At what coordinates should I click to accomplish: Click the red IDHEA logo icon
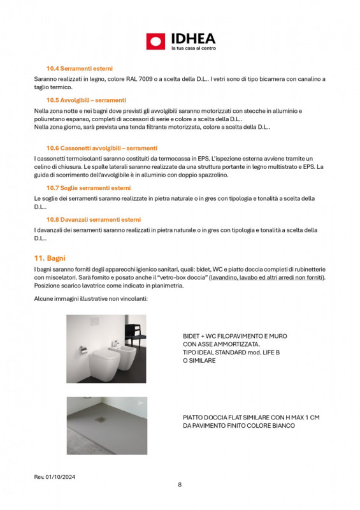click(155, 41)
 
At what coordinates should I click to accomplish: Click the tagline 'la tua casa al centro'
click(194, 48)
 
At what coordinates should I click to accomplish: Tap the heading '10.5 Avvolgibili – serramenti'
click(86, 100)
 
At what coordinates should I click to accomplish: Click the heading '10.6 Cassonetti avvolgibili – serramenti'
click(101, 148)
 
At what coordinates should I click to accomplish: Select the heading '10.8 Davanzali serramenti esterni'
click(94, 219)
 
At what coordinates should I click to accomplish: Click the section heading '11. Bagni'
click(50, 258)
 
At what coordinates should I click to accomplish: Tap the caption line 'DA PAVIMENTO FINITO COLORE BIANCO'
click(238, 425)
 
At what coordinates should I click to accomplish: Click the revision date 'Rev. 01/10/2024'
click(55, 477)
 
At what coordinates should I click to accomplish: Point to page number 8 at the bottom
click(180, 485)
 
